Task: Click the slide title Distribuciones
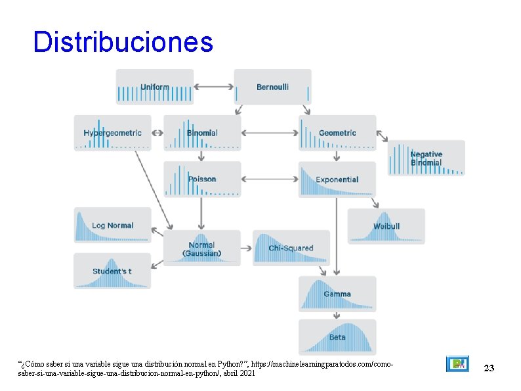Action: point(123,42)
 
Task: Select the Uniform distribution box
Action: point(155,87)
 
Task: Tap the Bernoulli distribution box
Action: point(272,87)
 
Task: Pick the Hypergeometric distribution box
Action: point(112,133)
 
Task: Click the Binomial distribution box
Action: point(202,133)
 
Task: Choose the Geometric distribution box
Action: point(337,133)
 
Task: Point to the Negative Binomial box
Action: point(426,158)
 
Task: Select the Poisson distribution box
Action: point(202,179)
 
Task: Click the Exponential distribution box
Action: point(337,179)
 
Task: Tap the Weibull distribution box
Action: point(386,226)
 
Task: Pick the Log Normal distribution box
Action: point(112,225)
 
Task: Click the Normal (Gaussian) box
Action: point(202,248)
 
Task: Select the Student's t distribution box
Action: point(112,271)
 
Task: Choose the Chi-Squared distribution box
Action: point(291,248)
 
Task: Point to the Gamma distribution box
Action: point(337,294)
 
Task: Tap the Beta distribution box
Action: point(337,337)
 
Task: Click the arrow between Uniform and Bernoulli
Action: point(214,86)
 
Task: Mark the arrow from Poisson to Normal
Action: point(201,214)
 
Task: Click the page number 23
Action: point(488,369)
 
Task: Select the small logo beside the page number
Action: point(457,364)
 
